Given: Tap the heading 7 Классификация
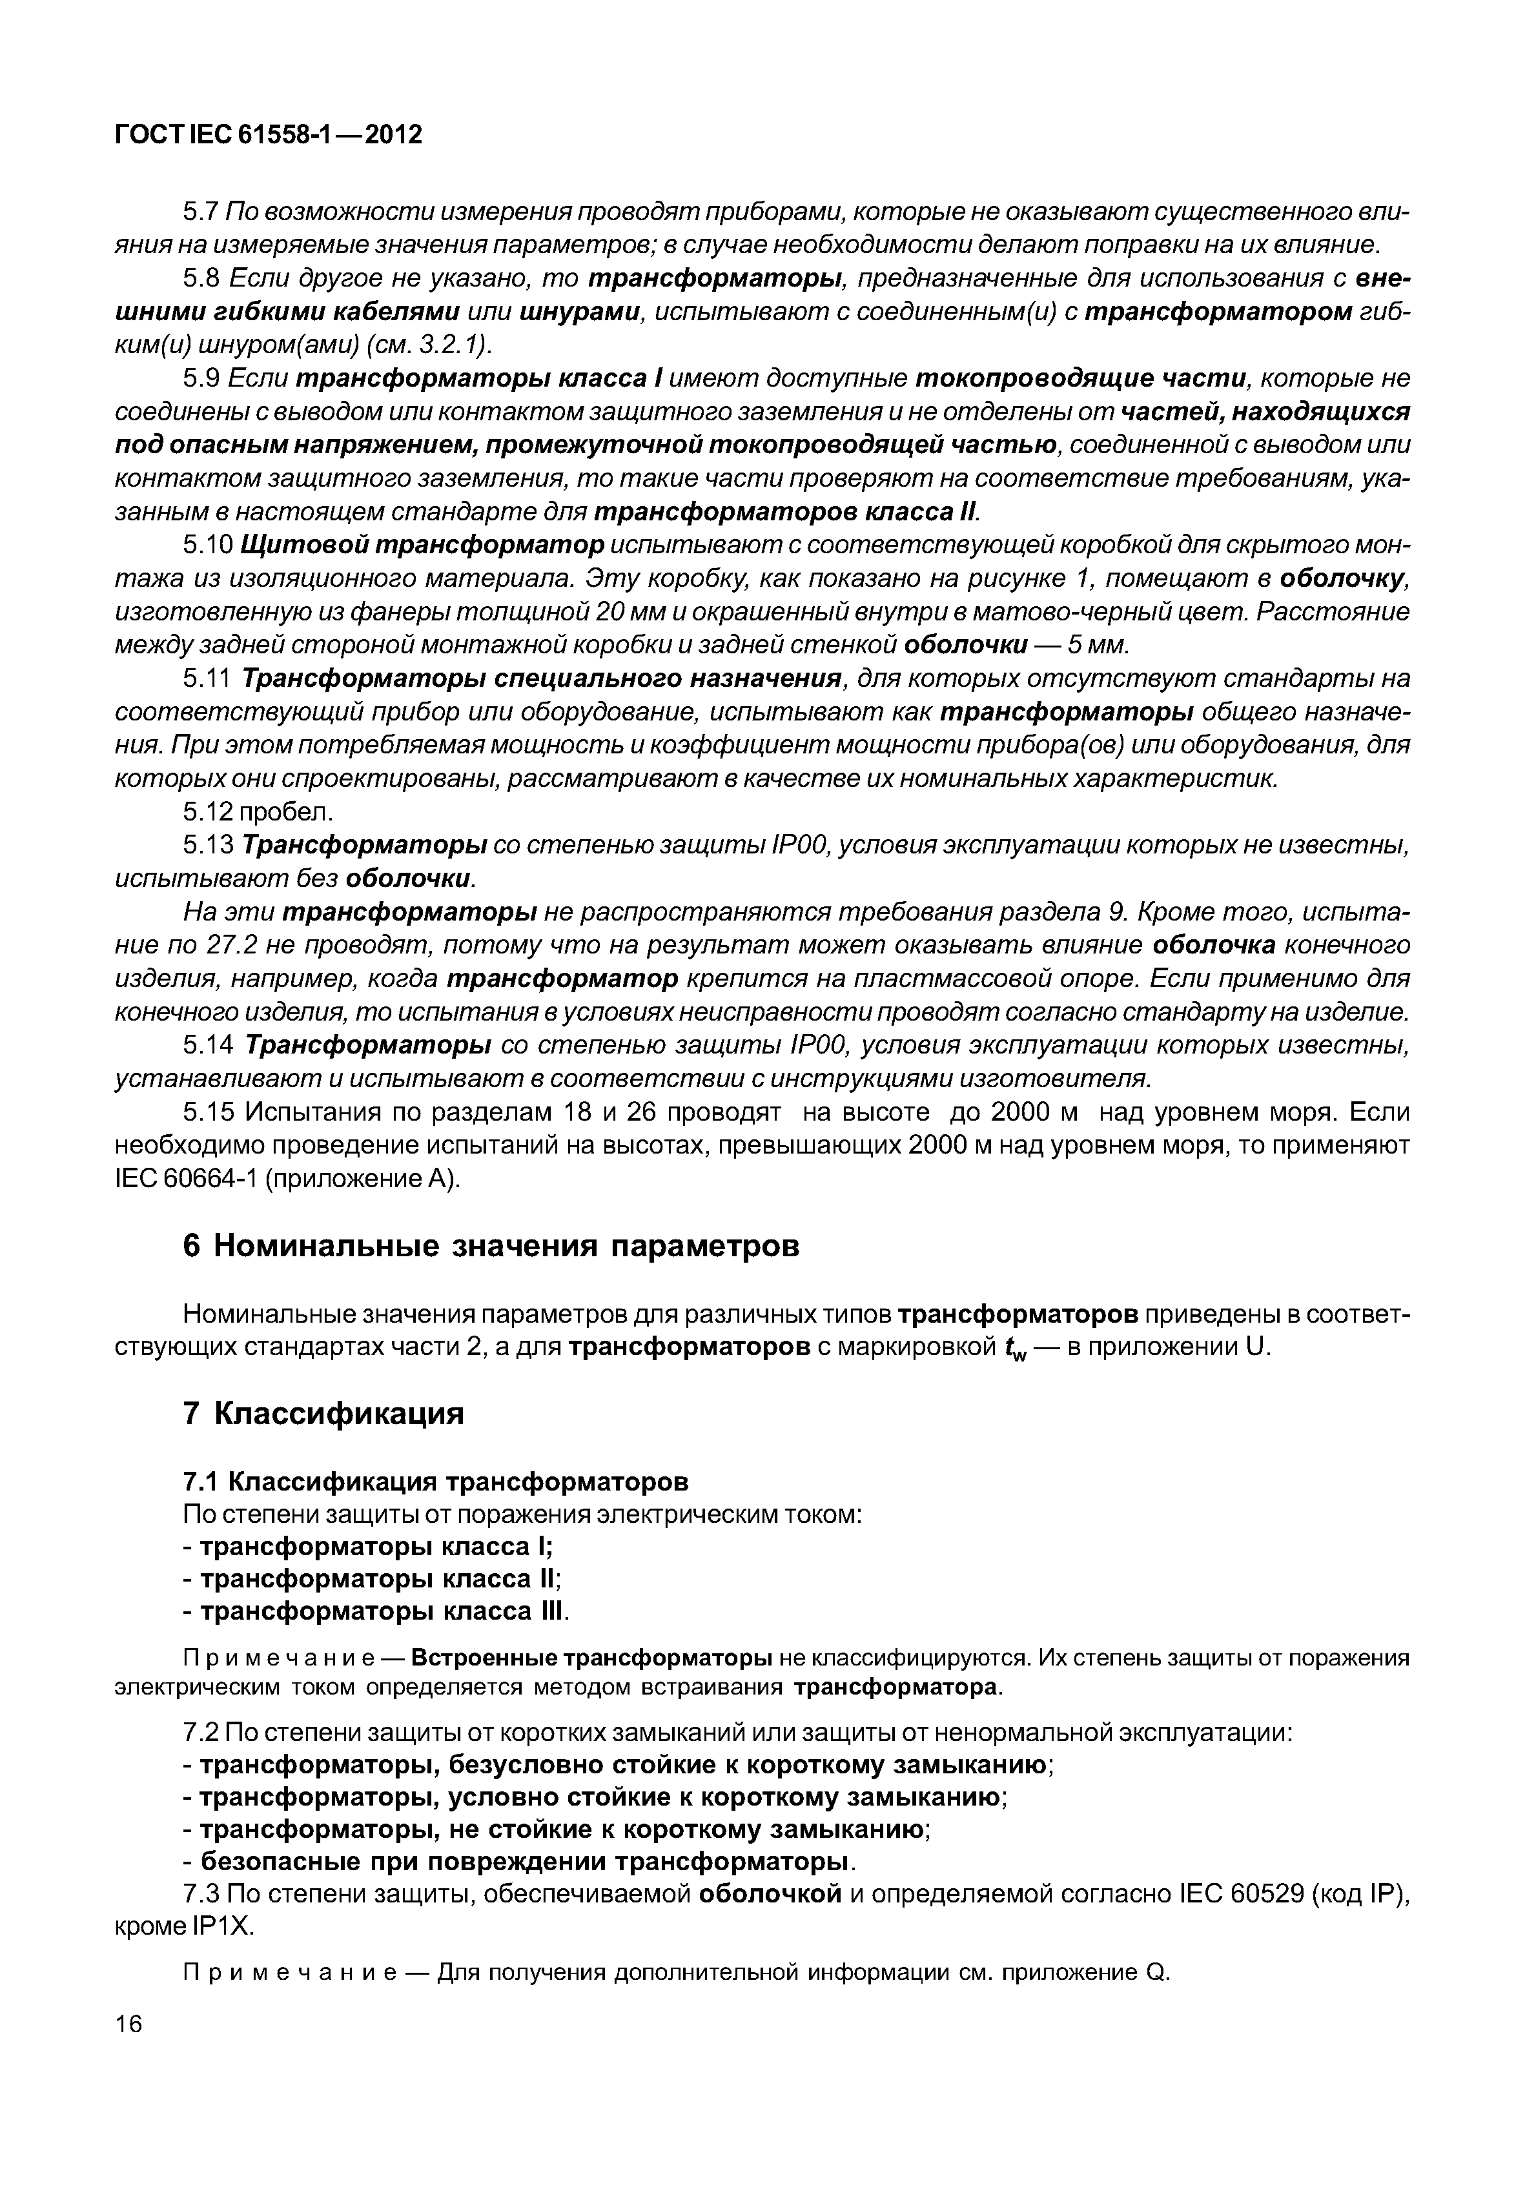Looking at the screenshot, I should tap(323, 1412).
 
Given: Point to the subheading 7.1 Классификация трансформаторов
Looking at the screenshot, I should tap(435, 1480).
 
